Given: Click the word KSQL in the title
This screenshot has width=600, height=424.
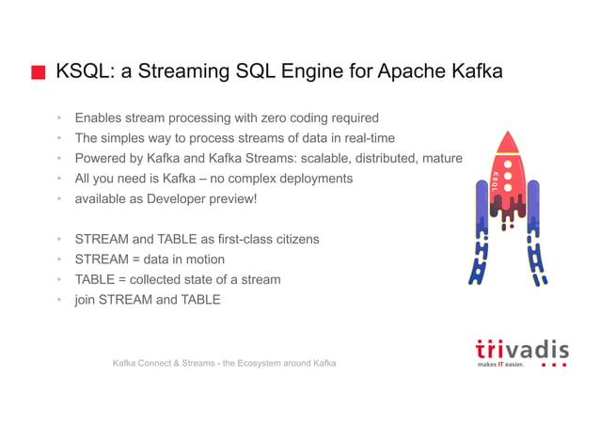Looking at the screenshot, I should coord(83,71).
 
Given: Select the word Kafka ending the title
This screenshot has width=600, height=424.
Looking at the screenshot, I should coord(473,71).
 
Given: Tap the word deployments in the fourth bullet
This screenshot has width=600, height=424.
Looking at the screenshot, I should coord(311,179).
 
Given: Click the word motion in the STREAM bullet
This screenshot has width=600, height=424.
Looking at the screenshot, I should coord(203,259).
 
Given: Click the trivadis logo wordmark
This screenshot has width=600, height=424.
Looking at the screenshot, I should coord(521,349).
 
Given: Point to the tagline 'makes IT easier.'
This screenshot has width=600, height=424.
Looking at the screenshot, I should coord(500,365).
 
